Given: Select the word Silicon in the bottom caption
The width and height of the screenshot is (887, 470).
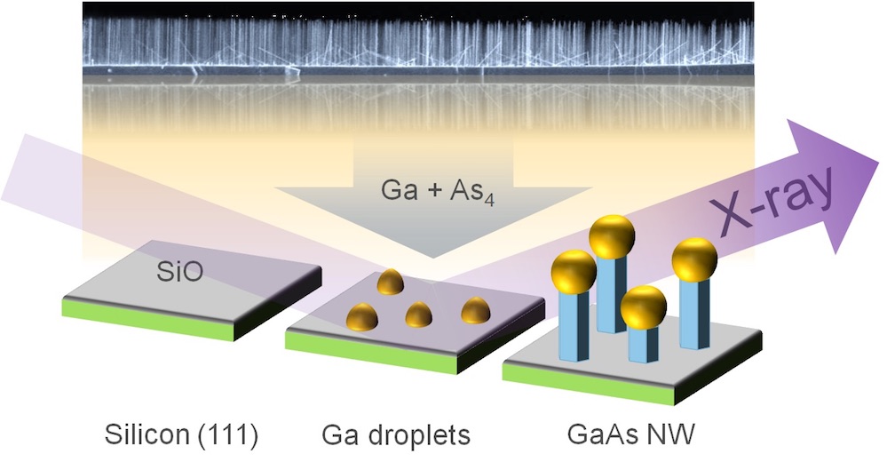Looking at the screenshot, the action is pyautogui.click(x=147, y=434).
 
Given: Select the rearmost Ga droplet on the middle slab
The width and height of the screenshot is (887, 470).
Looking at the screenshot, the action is pyautogui.click(x=391, y=282).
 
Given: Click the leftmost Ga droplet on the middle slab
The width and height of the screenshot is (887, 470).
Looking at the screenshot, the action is pyautogui.click(x=362, y=316).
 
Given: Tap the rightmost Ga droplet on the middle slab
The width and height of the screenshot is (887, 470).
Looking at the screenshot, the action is pyautogui.click(x=475, y=311).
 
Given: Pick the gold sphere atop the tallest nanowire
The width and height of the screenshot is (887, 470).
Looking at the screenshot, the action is pyautogui.click(x=612, y=236).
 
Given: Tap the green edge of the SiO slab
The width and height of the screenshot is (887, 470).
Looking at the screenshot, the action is pyautogui.click(x=147, y=321).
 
